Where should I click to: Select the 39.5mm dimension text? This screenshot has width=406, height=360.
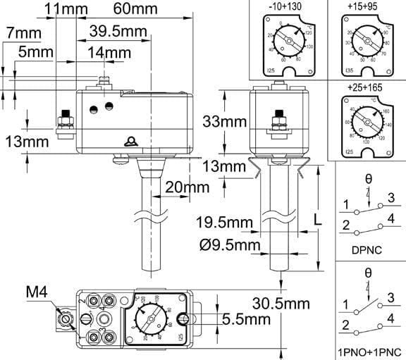(118, 32)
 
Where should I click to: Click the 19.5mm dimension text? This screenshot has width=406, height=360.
(223, 224)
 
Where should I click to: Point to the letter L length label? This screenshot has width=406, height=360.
(318, 218)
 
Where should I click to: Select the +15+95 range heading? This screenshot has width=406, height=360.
(364, 8)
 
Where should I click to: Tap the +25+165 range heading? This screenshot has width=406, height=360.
(364, 86)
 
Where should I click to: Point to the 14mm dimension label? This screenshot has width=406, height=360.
(109, 53)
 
